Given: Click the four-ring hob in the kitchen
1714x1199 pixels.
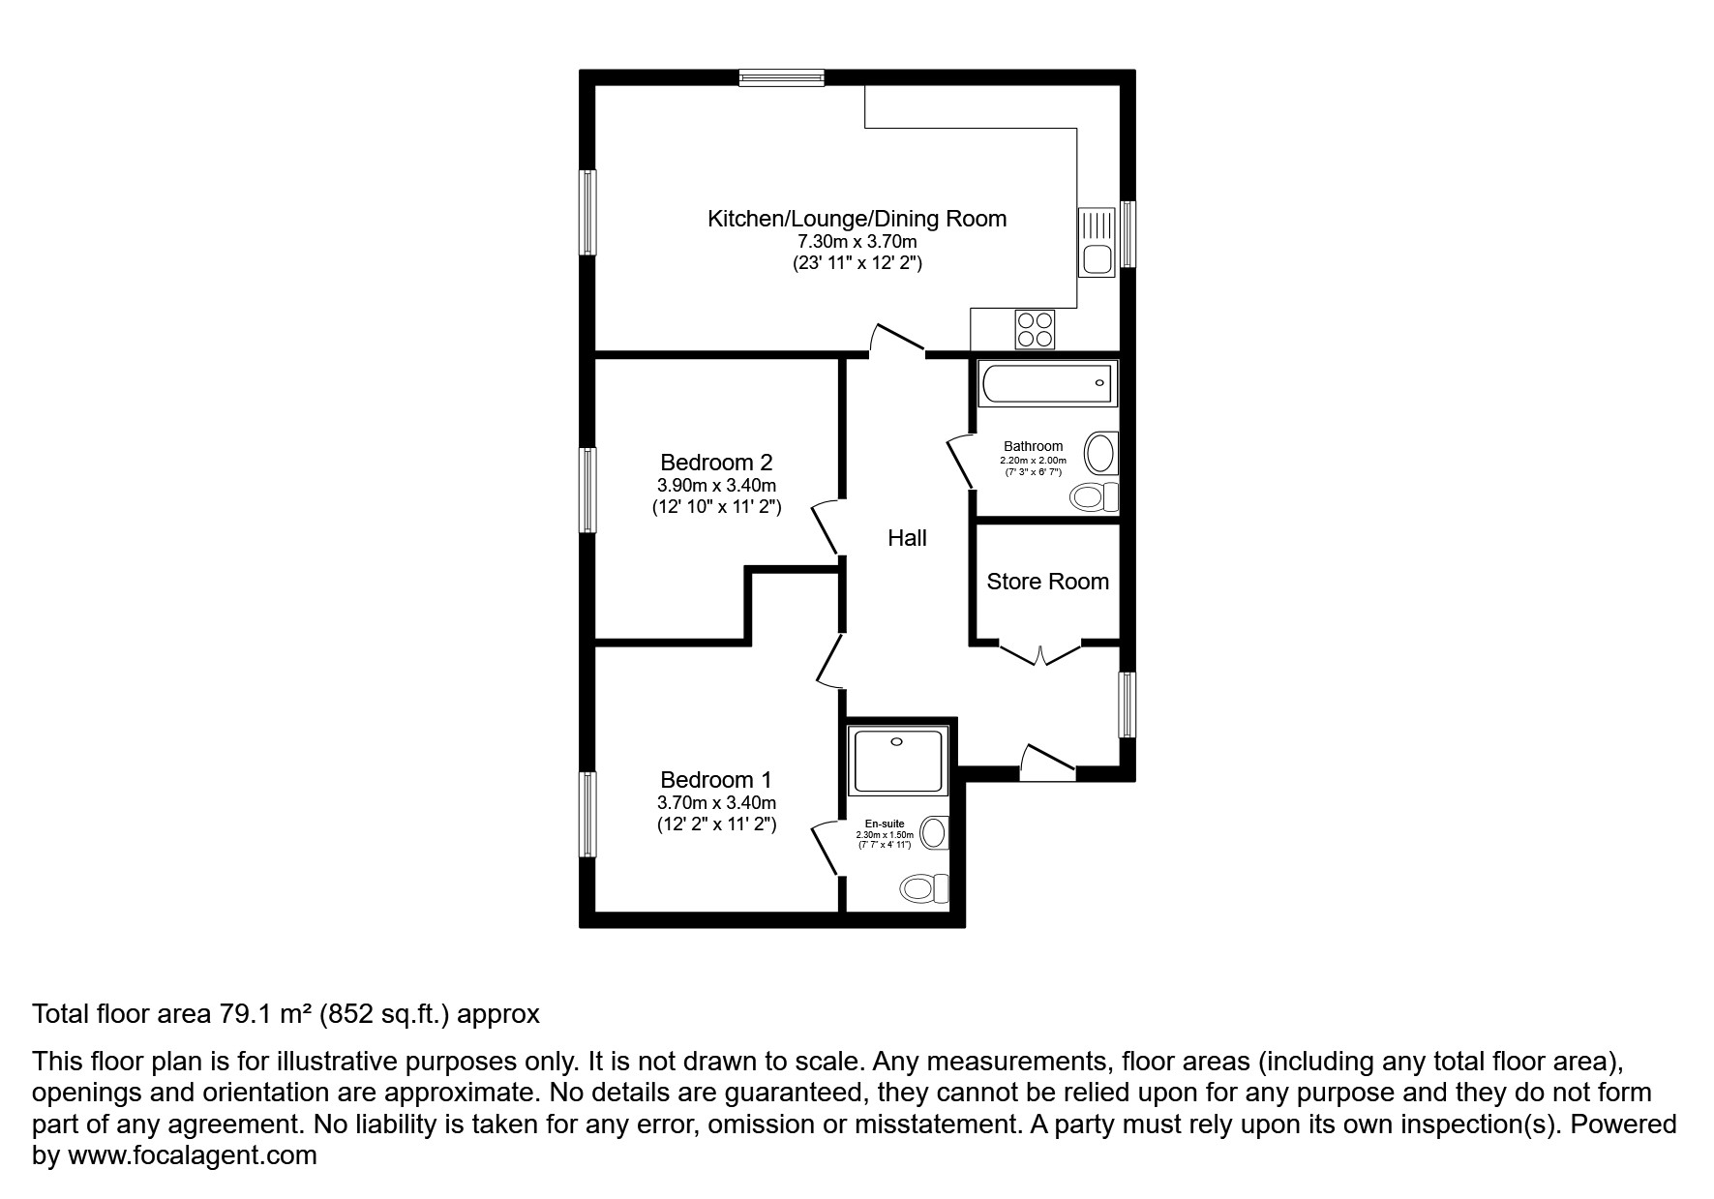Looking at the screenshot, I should [x=1035, y=329].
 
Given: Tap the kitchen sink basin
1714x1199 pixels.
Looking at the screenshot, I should [x=1097, y=259].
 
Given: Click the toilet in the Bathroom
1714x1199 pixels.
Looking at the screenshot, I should [x=1093, y=497].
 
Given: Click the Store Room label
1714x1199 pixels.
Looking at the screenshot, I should [x=1047, y=582].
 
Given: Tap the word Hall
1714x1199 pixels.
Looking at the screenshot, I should [x=907, y=538].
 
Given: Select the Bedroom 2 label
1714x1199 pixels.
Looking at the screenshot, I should [x=716, y=463].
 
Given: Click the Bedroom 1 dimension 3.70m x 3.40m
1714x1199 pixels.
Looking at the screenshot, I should [x=716, y=803].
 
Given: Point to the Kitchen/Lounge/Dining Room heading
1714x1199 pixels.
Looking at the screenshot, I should [x=857, y=219].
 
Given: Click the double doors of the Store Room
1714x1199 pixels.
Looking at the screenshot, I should [x=1040, y=655].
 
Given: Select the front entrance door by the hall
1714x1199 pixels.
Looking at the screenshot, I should [x=1048, y=763].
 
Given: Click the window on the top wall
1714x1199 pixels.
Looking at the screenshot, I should [x=781, y=77].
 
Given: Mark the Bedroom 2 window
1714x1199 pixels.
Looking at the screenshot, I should [x=587, y=489].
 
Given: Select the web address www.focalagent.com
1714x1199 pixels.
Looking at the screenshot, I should [x=192, y=1155].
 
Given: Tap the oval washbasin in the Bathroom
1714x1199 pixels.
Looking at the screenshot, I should [x=1099, y=453].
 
